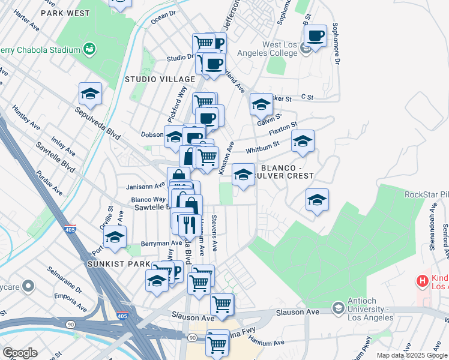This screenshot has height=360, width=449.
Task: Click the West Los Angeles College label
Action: point(279,49)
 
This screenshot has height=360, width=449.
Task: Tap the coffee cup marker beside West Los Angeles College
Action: point(315,36)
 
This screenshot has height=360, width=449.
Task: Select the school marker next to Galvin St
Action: point(261,104)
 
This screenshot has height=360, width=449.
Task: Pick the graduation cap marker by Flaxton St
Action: point(303,142)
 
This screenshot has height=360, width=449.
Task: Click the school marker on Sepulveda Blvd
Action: point(90,94)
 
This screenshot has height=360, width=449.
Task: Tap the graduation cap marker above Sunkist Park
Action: point(115,237)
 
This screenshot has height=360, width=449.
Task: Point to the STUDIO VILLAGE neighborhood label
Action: point(160,79)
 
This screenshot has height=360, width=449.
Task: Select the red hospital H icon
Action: point(423,280)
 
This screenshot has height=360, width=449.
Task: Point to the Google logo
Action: point(20,353)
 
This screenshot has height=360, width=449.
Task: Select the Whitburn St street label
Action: point(260,146)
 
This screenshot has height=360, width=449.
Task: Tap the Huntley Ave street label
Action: point(26,118)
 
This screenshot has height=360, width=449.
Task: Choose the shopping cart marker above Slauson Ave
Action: point(222,304)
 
